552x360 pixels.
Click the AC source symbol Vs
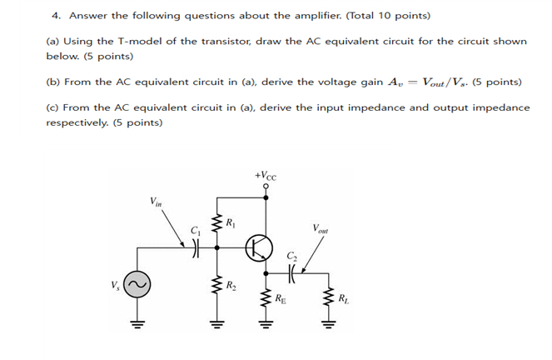138,287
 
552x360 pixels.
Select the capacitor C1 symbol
196,246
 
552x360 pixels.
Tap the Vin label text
157,201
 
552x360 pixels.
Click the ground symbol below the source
138,324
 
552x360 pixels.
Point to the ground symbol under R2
218,324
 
